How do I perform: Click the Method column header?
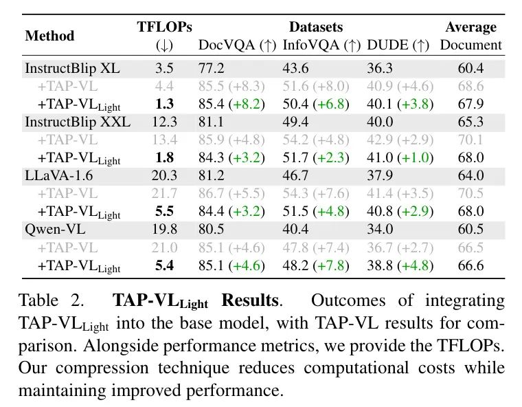click(x=49, y=36)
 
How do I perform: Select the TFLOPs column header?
click(x=165, y=27)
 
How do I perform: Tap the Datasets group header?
click(x=315, y=27)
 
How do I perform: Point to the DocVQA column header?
click(x=237, y=46)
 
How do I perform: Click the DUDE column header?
click(x=398, y=46)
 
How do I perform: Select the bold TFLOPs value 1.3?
click(x=165, y=104)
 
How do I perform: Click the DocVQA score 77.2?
click(x=212, y=69)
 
